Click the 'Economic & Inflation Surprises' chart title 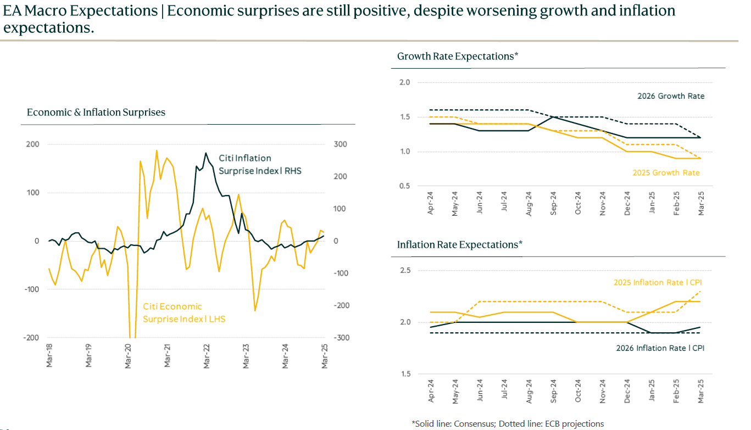click(96, 113)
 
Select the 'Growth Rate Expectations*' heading click(458, 56)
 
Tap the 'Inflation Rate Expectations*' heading click(459, 244)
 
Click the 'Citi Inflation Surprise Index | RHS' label click(260, 165)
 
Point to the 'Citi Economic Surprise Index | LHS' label click(184, 312)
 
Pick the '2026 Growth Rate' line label click(670, 96)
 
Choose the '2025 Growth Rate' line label click(666, 173)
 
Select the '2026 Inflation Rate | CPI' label click(660, 348)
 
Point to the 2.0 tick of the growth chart click(404, 82)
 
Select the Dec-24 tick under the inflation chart click(627, 391)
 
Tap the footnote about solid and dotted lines click(508, 424)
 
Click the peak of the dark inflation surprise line click(205, 153)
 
